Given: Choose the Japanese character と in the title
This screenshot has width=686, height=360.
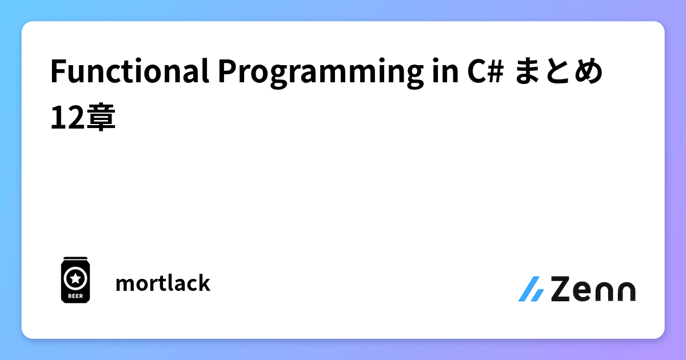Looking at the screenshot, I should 559,73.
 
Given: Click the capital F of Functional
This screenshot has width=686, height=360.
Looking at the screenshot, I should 57,73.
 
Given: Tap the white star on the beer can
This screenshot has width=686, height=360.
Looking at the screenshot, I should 75,278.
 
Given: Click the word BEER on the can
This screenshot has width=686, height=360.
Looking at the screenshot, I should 75,296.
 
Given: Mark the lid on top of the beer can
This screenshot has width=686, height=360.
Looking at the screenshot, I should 75,259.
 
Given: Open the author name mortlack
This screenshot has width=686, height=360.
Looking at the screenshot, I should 162,283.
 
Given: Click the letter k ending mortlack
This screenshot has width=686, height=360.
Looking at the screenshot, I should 204,283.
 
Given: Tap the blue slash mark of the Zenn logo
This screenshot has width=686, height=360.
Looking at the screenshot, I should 531,289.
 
